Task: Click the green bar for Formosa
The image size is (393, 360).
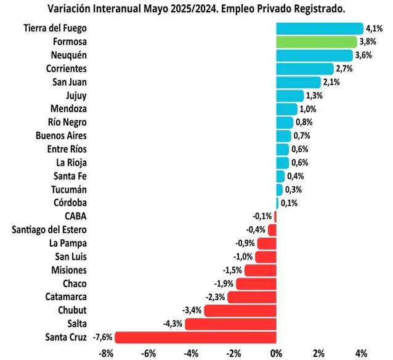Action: (316, 42)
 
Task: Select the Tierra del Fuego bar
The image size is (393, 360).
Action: (319, 28)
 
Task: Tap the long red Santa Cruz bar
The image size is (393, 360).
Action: (195, 337)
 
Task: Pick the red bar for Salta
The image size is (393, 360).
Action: (230, 324)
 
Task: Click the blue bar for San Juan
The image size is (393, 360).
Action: (298, 82)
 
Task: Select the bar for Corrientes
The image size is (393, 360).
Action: (304, 68)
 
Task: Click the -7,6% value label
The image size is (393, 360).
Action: (102, 337)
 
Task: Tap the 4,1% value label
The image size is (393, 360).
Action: (374, 28)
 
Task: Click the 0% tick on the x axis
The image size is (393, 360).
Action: (276, 353)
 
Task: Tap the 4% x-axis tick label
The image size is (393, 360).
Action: (362, 353)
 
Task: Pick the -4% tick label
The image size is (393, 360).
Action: (191, 353)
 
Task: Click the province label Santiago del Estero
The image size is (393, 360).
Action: (49, 230)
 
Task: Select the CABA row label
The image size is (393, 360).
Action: (75, 216)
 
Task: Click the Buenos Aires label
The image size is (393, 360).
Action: (61, 136)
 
